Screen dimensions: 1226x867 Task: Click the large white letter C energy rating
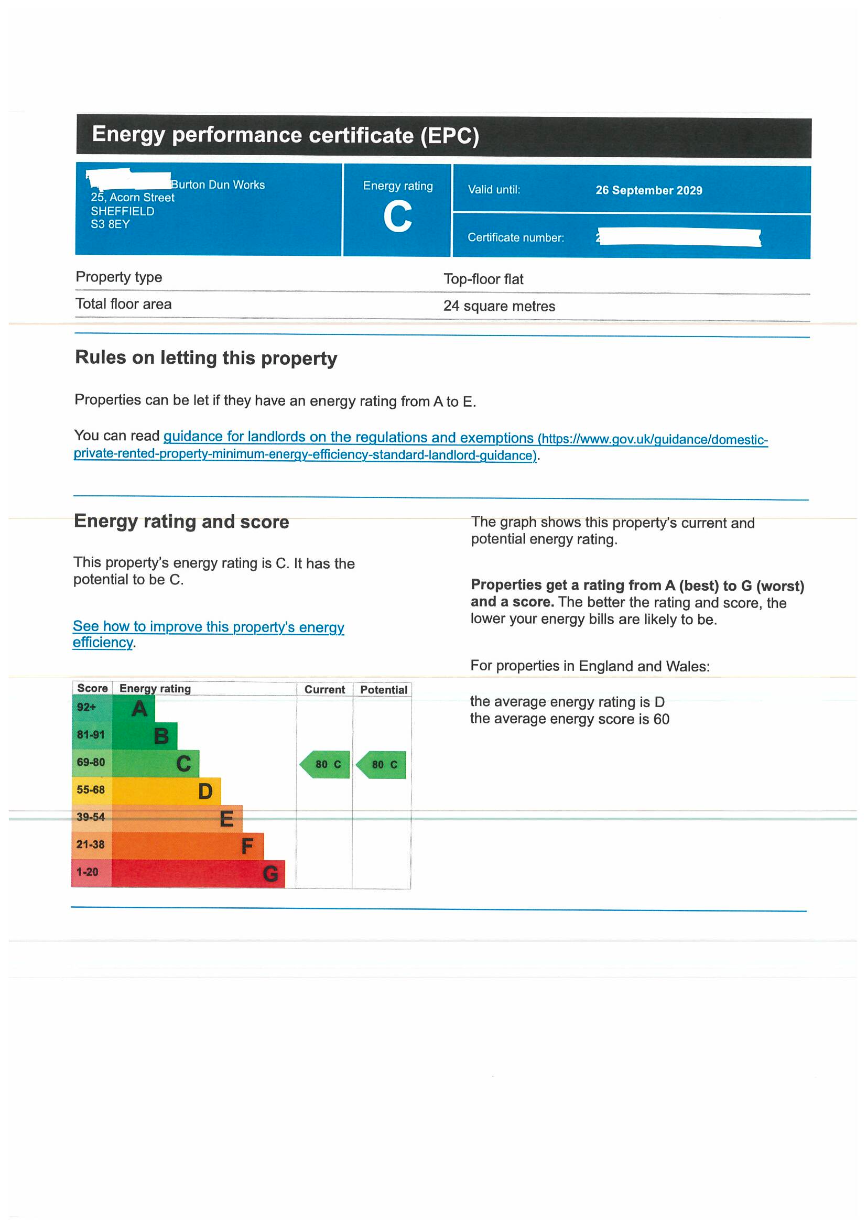click(397, 217)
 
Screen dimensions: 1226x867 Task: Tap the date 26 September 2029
click(648, 191)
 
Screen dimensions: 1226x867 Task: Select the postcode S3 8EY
click(110, 224)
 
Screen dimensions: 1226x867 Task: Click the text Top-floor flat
click(483, 279)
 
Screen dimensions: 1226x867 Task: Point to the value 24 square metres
click(498, 306)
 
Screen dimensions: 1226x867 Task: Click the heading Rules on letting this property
click(206, 358)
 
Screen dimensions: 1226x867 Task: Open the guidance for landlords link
click(348, 437)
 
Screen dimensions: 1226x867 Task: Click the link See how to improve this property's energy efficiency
click(208, 627)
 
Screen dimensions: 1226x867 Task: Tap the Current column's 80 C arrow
click(325, 765)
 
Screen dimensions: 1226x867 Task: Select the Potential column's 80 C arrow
click(381, 765)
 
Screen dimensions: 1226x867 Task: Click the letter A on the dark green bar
click(139, 709)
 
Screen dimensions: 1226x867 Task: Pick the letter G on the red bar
click(270, 874)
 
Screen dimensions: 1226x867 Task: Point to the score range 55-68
click(91, 790)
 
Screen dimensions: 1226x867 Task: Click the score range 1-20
click(87, 872)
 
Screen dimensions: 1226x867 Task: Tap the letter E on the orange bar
click(226, 819)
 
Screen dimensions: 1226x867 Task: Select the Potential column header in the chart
click(383, 690)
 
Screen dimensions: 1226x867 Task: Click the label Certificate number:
click(516, 237)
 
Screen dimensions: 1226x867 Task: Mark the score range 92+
click(86, 708)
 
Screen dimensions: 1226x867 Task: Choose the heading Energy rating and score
click(181, 522)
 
